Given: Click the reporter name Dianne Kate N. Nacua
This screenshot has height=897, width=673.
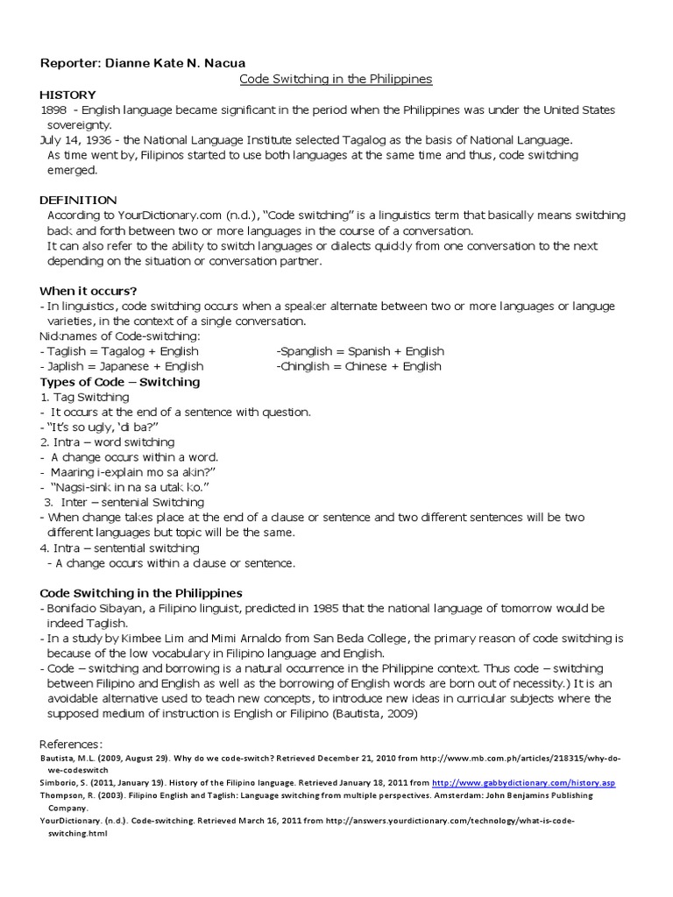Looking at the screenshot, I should [x=181, y=64].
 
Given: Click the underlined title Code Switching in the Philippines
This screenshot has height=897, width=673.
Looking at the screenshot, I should [x=336, y=79].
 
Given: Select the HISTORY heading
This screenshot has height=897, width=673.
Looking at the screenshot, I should [x=67, y=95].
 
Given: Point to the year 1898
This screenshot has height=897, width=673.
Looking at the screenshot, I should [x=53, y=109].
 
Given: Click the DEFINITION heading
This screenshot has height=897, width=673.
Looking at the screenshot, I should [x=78, y=200].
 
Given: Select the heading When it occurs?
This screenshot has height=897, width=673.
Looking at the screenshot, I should [x=89, y=290].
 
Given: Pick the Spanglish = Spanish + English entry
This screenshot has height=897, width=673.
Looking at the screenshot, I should [x=360, y=351].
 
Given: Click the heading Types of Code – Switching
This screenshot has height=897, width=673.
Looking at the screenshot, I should [x=120, y=382].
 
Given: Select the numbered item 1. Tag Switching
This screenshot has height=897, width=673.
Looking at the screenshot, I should [x=84, y=397].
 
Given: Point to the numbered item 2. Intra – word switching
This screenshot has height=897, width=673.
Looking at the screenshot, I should [x=107, y=442].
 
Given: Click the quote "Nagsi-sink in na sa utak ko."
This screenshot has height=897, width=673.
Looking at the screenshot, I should [x=131, y=487].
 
